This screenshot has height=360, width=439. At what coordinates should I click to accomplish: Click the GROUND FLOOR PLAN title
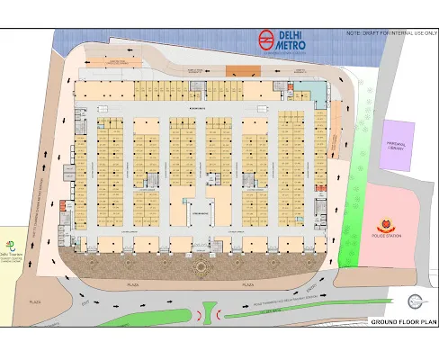pos(403,320)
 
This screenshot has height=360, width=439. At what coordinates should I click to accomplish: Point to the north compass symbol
pos(415,301)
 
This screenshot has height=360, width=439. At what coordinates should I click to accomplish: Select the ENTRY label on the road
pos(310,287)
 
